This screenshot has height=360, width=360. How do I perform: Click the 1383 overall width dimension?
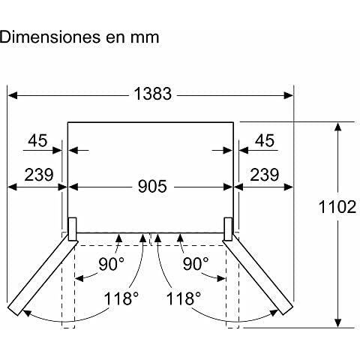tap(153, 94)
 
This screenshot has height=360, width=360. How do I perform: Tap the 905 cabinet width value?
tap(152, 186)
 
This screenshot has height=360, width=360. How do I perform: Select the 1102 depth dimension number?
tap(337, 207)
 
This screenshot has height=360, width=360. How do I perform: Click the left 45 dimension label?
tap(37, 140)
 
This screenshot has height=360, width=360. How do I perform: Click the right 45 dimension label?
tap(265, 140)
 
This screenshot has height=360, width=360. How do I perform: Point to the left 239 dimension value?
tap(39, 175)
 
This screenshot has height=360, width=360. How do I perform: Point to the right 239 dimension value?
tap(265, 175)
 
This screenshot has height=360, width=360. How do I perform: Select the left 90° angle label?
tap(111, 264)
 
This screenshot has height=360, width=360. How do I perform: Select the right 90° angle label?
tap(196, 264)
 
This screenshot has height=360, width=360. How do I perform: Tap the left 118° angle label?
tap(121, 298)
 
